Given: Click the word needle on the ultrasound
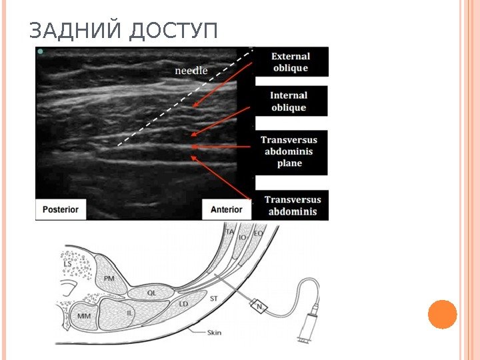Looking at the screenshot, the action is tap(191, 69).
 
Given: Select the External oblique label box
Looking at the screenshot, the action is tap(291, 62).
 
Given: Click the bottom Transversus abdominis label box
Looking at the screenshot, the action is tap(292, 206).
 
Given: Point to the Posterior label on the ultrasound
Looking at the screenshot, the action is tap(61, 209).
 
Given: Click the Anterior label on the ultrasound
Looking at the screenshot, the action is tap(227, 209).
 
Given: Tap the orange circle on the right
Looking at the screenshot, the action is tap(443, 314).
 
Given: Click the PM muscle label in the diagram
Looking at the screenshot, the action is tap(109, 277).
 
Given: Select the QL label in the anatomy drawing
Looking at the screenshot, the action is tap(151, 292).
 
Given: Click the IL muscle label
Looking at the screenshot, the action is tap(129, 312).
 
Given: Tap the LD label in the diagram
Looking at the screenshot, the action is tap(185, 304).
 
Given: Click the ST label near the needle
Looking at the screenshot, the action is tap(214, 299).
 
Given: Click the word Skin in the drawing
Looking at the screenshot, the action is tap(215, 331).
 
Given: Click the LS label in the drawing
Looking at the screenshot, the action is tap(67, 264).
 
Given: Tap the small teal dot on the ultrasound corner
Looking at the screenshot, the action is tap(41, 51).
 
